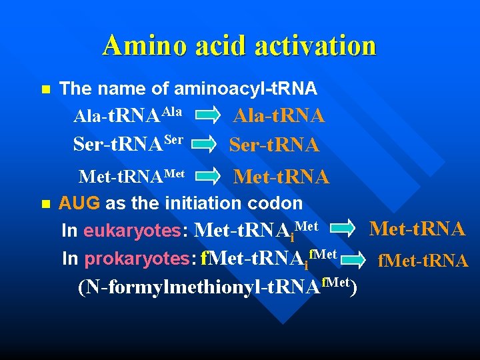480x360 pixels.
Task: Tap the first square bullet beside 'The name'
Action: (45, 89)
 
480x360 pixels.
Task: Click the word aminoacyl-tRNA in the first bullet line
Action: (245, 88)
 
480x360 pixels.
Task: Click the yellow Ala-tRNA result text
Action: (278, 116)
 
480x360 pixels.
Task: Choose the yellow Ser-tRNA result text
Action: (274, 144)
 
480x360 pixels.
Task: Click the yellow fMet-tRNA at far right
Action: (423, 260)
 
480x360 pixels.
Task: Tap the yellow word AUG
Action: (79, 203)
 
